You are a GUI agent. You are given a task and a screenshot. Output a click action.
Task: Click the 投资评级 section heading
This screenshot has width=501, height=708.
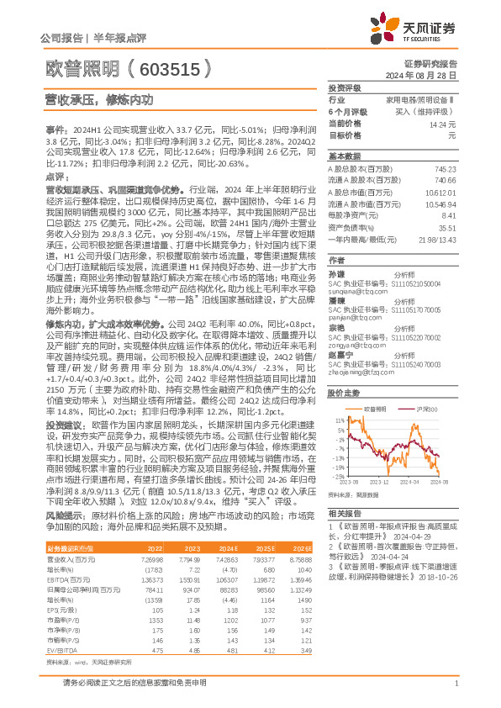(x=344, y=87)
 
